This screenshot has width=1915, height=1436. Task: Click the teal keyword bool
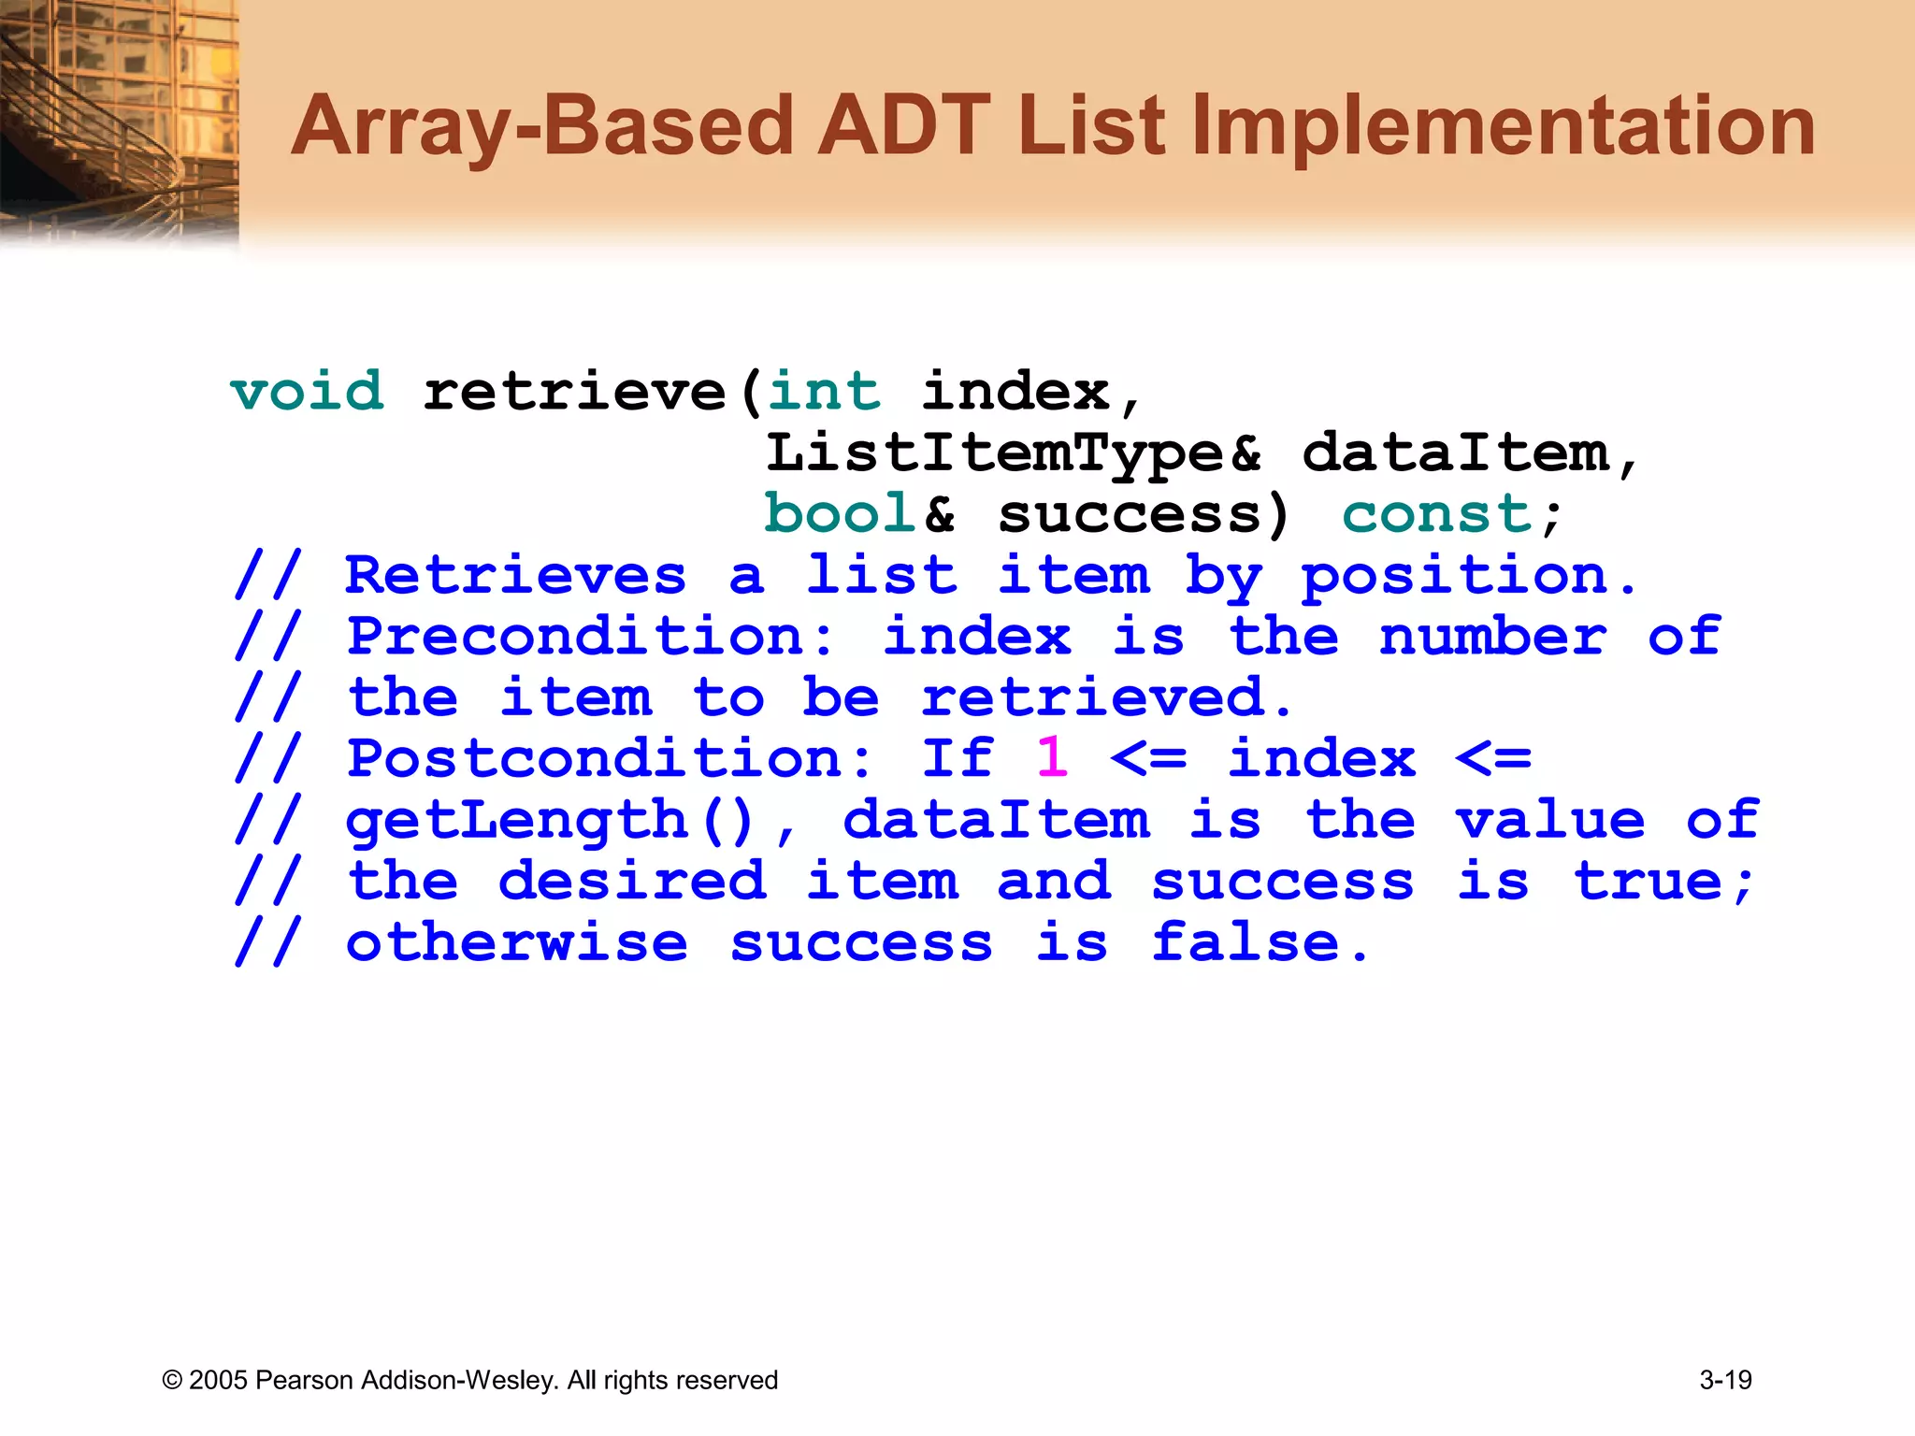pos(840,513)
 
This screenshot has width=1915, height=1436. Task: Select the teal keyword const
pos(1435,513)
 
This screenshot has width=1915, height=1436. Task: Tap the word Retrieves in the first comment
pos(515,575)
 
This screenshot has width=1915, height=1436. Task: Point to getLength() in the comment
pos(550,820)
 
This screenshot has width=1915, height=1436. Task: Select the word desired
pos(631,881)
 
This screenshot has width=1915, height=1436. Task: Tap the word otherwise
pos(516,942)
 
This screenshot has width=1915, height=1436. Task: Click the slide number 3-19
pos(1725,1380)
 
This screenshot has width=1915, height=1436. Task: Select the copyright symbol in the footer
pos(172,1381)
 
